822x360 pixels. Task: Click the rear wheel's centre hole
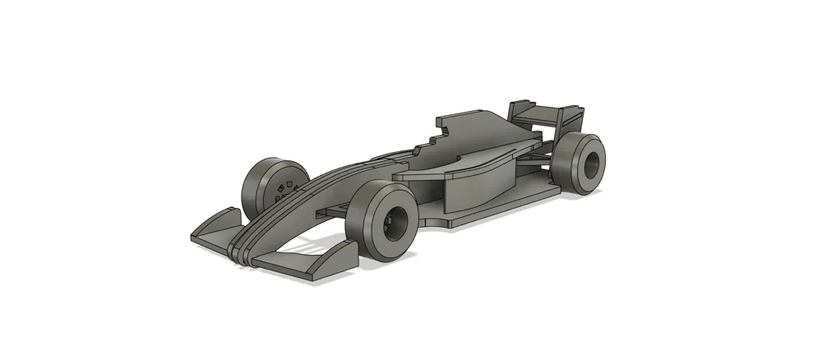pos(589,165)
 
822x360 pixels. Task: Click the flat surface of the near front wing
pos(296,261)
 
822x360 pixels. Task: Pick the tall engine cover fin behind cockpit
pos(485,132)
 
